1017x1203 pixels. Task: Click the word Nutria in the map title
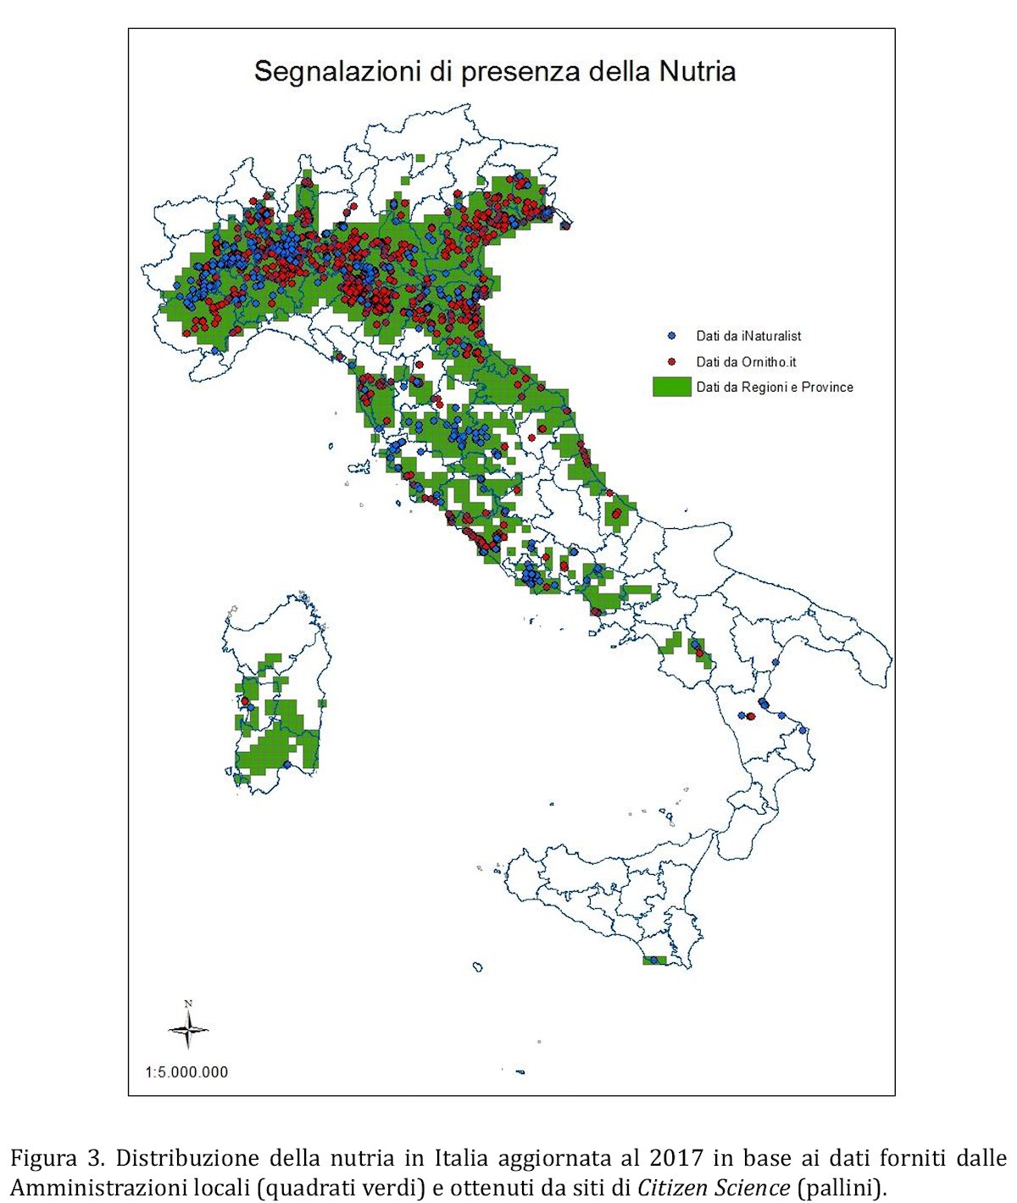(696, 70)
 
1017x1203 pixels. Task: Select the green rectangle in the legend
(671, 387)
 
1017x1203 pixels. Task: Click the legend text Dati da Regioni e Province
(775, 387)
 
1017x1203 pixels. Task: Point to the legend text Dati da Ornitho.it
(746, 362)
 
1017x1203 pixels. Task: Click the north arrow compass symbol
(188, 1031)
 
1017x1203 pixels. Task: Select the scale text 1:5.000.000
(186, 1072)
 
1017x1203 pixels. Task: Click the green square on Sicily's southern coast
(655, 961)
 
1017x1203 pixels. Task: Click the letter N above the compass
(188, 1004)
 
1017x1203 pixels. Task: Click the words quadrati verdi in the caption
(341, 1187)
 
